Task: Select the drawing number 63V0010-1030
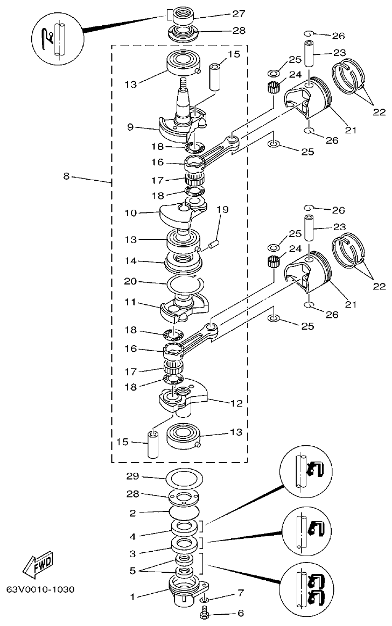40,589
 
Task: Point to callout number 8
66,176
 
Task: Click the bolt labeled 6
205,611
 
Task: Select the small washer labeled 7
205,599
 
